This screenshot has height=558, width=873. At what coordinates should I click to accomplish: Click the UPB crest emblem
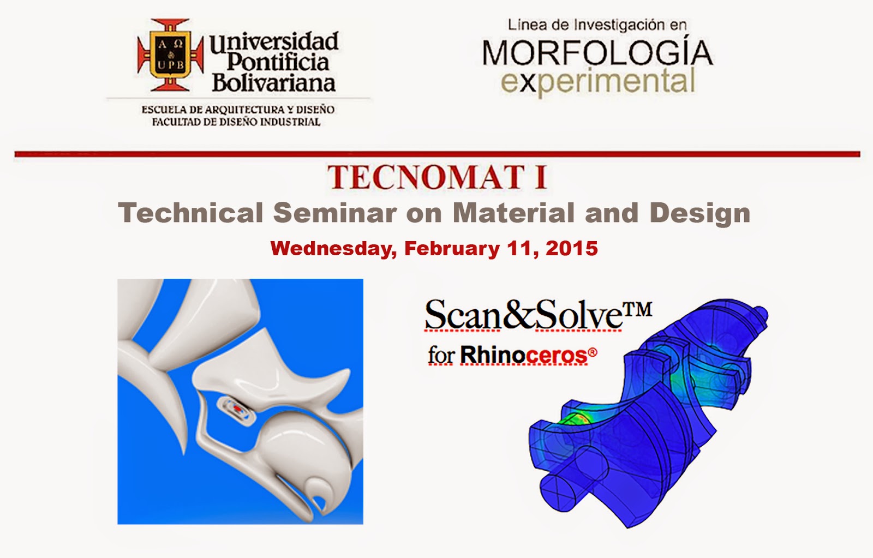pyautogui.click(x=170, y=55)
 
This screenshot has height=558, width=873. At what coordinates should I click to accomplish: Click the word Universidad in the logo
pyautogui.click(x=274, y=41)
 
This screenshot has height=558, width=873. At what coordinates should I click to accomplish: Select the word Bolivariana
pyautogui.click(x=273, y=83)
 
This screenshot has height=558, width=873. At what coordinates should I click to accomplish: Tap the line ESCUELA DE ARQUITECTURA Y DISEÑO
pyautogui.click(x=238, y=110)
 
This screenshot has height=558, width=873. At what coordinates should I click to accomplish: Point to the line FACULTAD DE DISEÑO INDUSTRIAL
pyautogui.click(x=236, y=122)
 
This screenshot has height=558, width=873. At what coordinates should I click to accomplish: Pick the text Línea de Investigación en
pyautogui.click(x=597, y=25)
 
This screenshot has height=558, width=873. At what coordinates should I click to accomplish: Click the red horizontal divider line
pyautogui.click(x=437, y=154)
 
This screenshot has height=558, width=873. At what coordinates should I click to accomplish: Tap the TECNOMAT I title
pyautogui.click(x=437, y=177)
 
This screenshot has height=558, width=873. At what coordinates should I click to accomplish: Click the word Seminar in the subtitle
pyautogui.click(x=335, y=213)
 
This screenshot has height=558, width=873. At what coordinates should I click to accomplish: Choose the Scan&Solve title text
pyautogui.click(x=523, y=315)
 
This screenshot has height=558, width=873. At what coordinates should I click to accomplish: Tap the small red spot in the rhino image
pyautogui.click(x=237, y=409)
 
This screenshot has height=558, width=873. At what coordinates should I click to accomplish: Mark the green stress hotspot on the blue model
pyautogui.click(x=573, y=421)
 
